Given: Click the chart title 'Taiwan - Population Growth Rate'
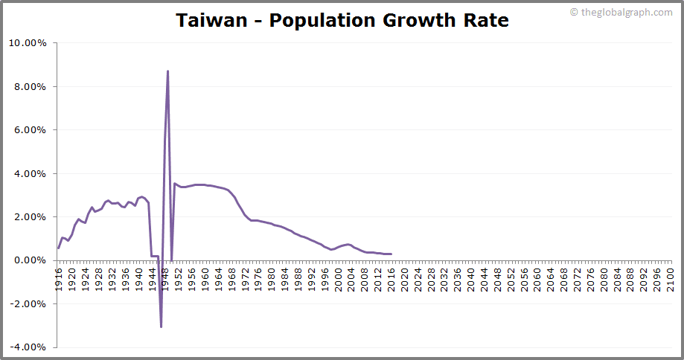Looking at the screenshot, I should tap(342, 20).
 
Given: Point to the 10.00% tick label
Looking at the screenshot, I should tap(28, 43).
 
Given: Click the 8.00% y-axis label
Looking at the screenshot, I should tap(30, 86).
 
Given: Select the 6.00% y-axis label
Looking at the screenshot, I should tap(30, 130).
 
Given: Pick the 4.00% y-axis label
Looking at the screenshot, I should tap(30, 173).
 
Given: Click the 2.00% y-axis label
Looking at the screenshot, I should tap(30, 217).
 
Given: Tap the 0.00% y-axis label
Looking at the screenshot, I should tap(30, 260).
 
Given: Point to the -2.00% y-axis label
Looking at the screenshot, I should tap(28, 303).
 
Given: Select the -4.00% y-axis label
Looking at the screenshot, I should tap(28, 347).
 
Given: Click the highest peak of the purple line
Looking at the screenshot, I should tap(167, 71).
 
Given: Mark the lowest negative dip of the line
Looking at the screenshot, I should tap(161, 327).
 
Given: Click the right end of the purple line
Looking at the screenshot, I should tap(391, 254).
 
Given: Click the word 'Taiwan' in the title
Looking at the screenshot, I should tap(210, 20).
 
